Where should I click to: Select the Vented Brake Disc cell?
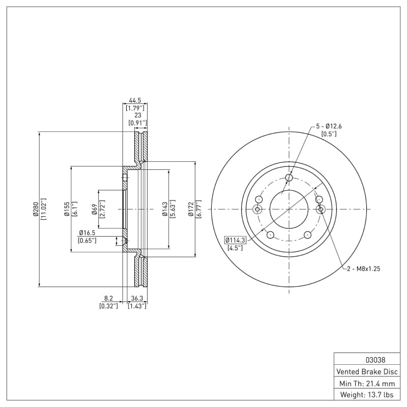coord(367,371)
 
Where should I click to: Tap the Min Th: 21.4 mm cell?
coord(367,383)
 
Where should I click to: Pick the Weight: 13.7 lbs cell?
coord(367,395)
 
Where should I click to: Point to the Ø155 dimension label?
coord(67,209)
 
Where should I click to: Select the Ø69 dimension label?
coord(95,209)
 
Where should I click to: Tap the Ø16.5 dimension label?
coord(88,232)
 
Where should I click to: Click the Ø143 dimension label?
coord(165,209)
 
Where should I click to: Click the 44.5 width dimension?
coord(135,101)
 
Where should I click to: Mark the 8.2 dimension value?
coord(108,299)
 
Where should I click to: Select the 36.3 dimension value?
coord(137,299)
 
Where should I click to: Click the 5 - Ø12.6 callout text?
coord(329,126)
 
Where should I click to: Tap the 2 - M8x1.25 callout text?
coord(363,268)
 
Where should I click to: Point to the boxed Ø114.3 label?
coord(235,240)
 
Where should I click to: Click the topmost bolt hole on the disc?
coord(289,178)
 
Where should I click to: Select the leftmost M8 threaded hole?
coord(257,209)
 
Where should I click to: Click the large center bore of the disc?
coord(289,209)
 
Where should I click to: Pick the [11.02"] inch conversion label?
coord(44,209)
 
